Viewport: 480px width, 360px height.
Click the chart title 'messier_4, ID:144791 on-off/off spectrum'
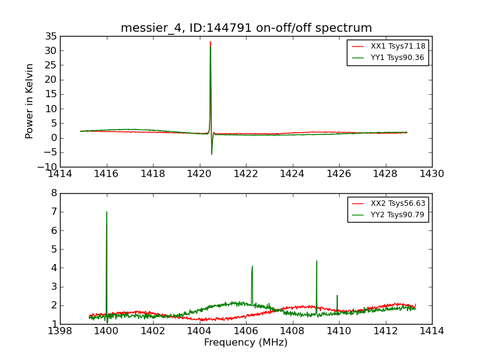[246, 28]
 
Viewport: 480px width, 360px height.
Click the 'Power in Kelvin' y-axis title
[30, 101]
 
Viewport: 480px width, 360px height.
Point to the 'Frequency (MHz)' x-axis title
[246, 343]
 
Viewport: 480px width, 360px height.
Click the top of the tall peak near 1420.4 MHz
[210, 42]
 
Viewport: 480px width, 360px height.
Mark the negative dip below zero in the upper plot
[211, 154]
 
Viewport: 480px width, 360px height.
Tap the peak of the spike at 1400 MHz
[107, 212]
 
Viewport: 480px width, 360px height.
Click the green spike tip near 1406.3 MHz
[253, 266]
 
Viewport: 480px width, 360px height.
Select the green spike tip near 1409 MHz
[316, 261]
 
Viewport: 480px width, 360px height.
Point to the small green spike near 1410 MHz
[337, 296]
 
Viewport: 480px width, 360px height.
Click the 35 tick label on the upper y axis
[50, 36]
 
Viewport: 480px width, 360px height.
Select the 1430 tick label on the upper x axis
[431, 174]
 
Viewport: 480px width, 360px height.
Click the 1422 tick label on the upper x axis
[246, 174]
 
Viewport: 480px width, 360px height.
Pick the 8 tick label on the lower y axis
[54, 193]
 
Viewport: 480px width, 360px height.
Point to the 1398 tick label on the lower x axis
[60, 331]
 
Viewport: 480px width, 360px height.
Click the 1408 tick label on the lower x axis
[292, 331]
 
